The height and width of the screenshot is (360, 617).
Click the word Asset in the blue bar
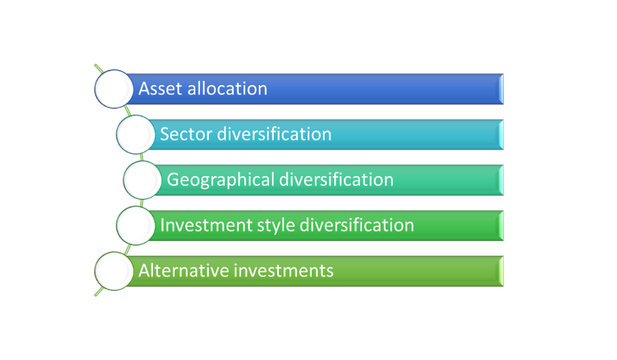pyautogui.click(x=160, y=89)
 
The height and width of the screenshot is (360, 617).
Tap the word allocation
pyautogui.click(x=228, y=89)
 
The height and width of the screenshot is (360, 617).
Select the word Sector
pyautogui.click(x=186, y=134)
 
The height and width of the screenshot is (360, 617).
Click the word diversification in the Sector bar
pyautogui.click(x=274, y=134)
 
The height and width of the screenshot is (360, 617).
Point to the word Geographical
pyautogui.click(x=220, y=180)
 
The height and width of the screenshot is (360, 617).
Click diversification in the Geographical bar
pyautogui.click(x=336, y=179)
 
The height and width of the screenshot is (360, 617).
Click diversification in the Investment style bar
pyautogui.click(x=357, y=225)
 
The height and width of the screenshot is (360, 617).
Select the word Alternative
pyautogui.click(x=184, y=271)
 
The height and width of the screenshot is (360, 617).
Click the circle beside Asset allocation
pyautogui.click(x=114, y=89)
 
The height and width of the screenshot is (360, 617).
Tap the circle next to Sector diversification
pyautogui.click(x=136, y=134)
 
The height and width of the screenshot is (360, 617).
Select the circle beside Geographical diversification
pyautogui.click(x=143, y=180)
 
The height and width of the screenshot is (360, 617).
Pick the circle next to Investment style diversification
pyautogui.click(x=136, y=226)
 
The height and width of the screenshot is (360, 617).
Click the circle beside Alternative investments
pyautogui.click(x=114, y=271)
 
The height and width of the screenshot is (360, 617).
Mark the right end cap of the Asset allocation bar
pyautogui.click(x=501, y=89)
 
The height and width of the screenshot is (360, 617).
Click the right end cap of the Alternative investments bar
pyautogui.click(x=501, y=271)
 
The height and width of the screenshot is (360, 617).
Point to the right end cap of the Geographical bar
pyautogui.click(x=501, y=180)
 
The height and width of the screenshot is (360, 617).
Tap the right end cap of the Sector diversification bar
pyautogui.click(x=501, y=134)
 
